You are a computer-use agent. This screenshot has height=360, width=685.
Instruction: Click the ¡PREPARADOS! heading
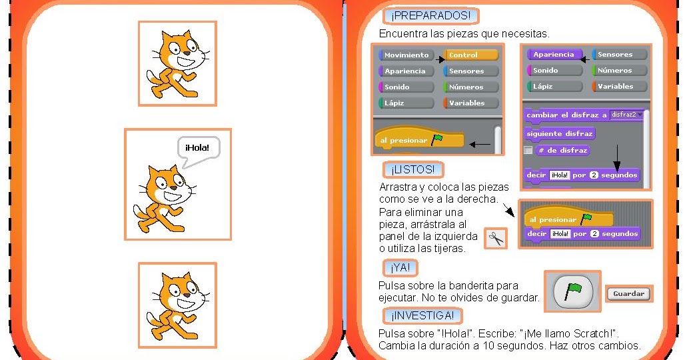click(431, 15)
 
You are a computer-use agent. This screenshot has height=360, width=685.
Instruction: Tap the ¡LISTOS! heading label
click(413, 169)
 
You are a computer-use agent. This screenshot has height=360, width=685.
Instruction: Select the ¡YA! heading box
click(400, 268)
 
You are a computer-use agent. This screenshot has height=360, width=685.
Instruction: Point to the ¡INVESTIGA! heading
click(422, 315)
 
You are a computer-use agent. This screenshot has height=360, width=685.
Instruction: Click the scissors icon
click(495, 238)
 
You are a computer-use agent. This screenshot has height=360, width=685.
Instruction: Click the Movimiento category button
click(406, 55)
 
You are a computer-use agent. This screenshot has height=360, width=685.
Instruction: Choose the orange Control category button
click(471, 55)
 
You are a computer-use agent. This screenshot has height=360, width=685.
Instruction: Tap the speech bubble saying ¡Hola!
click(198, 148)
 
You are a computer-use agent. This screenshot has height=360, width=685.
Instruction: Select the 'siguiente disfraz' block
click(559, 133)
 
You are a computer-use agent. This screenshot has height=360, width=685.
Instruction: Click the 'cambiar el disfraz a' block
click(566, 115)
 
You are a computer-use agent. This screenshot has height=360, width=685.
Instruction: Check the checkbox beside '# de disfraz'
click(528, 151)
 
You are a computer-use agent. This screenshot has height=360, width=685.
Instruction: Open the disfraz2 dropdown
click(627, 115)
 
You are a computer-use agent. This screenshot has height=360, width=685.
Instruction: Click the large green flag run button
click(572, 291)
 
